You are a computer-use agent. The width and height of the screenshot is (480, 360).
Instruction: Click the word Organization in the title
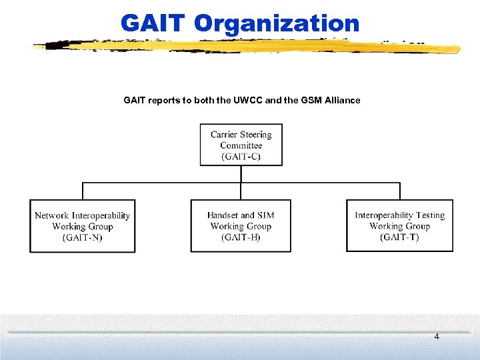tap(277, 24)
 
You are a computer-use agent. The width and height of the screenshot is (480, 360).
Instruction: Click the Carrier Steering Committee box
tap(241, 145)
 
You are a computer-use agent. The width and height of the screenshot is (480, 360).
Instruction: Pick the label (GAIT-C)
tap(241, 157)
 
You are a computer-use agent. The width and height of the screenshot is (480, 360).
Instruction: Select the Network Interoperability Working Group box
tap(82, 226)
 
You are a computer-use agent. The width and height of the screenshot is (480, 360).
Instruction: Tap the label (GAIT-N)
tap(83, 237)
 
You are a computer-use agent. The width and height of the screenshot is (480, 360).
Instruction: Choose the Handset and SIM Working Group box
tap(241, 226)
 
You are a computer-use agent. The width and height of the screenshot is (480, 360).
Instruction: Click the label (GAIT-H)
tap(241, 237)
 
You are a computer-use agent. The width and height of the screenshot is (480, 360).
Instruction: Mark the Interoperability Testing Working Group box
tap(399, 226)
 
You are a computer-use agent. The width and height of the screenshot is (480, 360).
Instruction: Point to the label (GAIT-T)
tap(399, 237)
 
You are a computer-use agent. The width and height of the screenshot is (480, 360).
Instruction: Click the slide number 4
tap(437, 337)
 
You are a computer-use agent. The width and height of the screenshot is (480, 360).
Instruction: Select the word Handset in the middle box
tap(223, 215)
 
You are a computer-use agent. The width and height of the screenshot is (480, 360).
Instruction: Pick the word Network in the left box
tap(51, 215)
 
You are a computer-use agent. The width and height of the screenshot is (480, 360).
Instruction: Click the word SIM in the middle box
tap(266, 215)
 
